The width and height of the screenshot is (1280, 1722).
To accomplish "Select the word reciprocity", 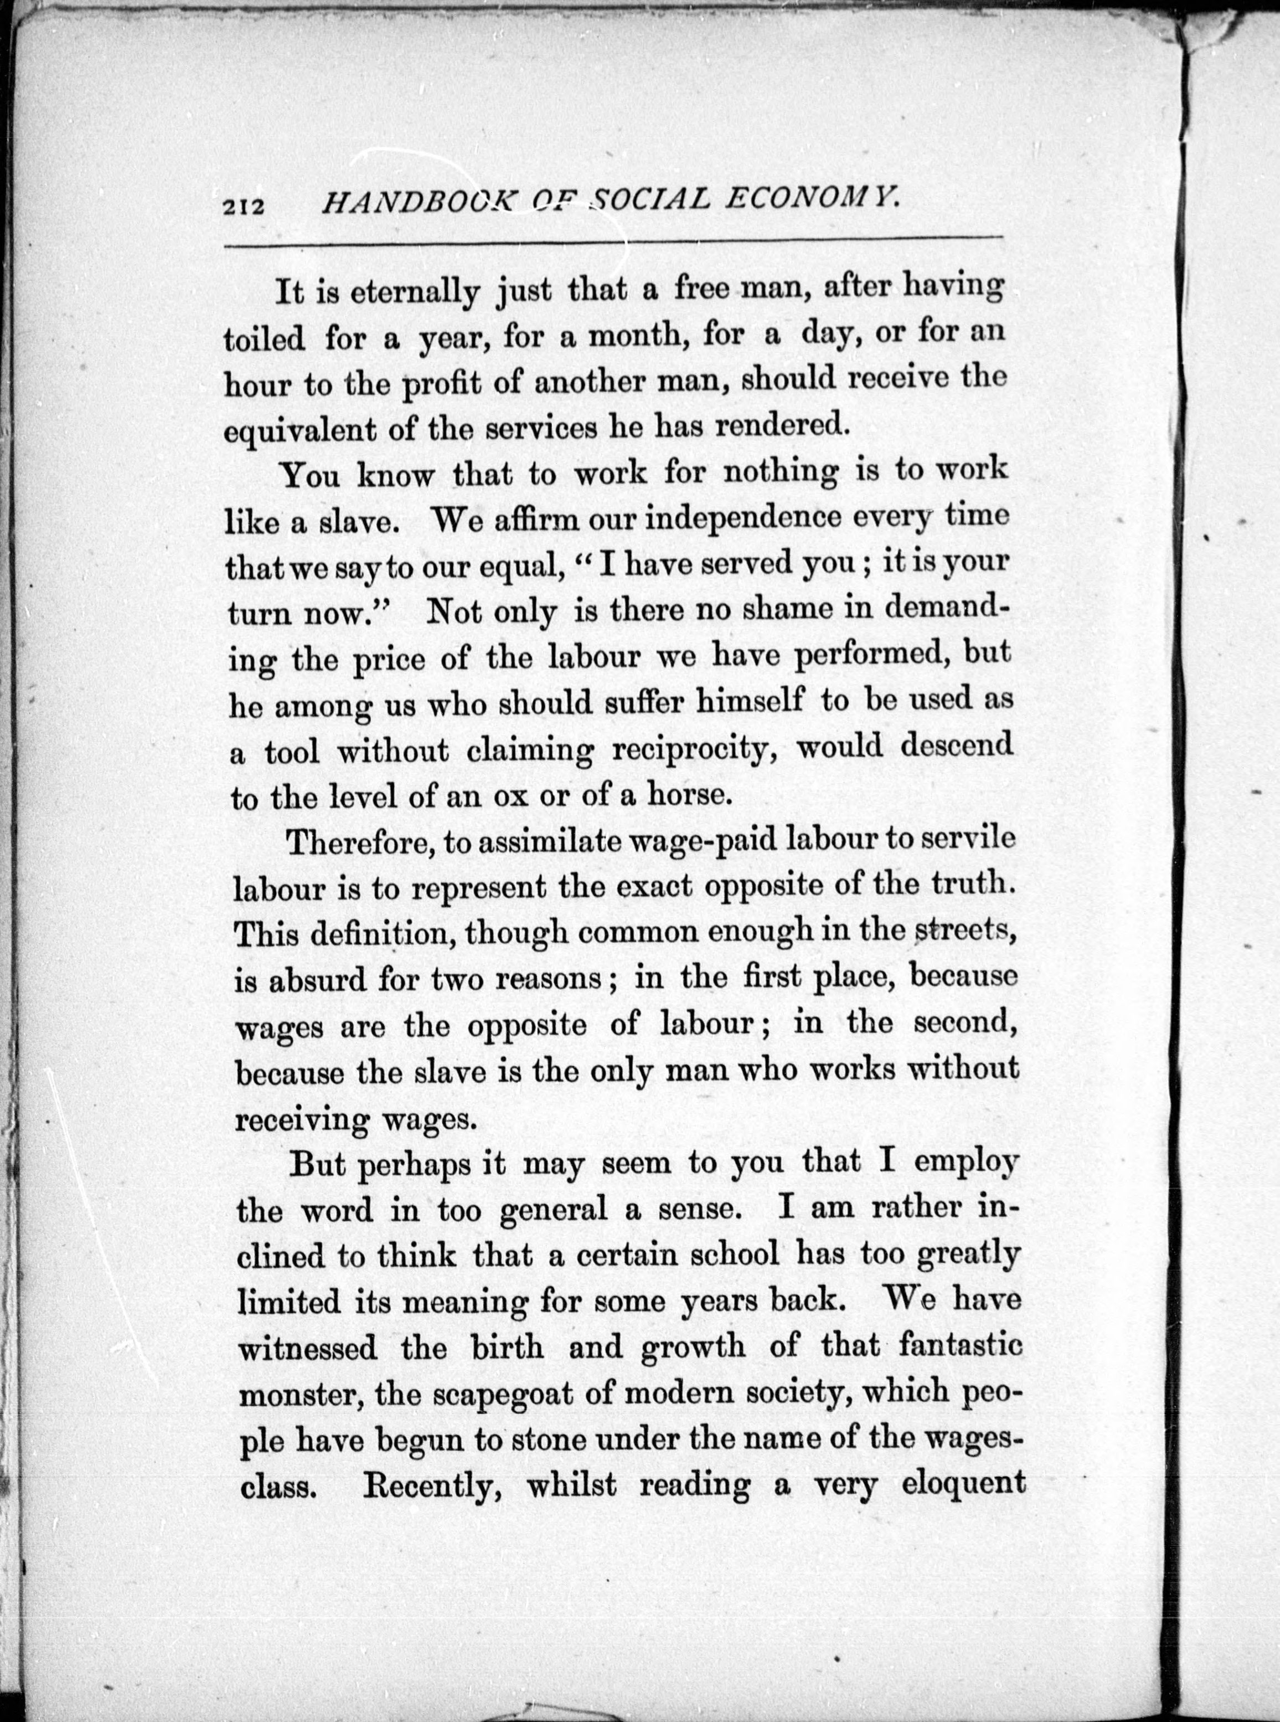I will pos(694,749).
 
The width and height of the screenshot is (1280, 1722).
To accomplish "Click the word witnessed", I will pos(308,1349).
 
